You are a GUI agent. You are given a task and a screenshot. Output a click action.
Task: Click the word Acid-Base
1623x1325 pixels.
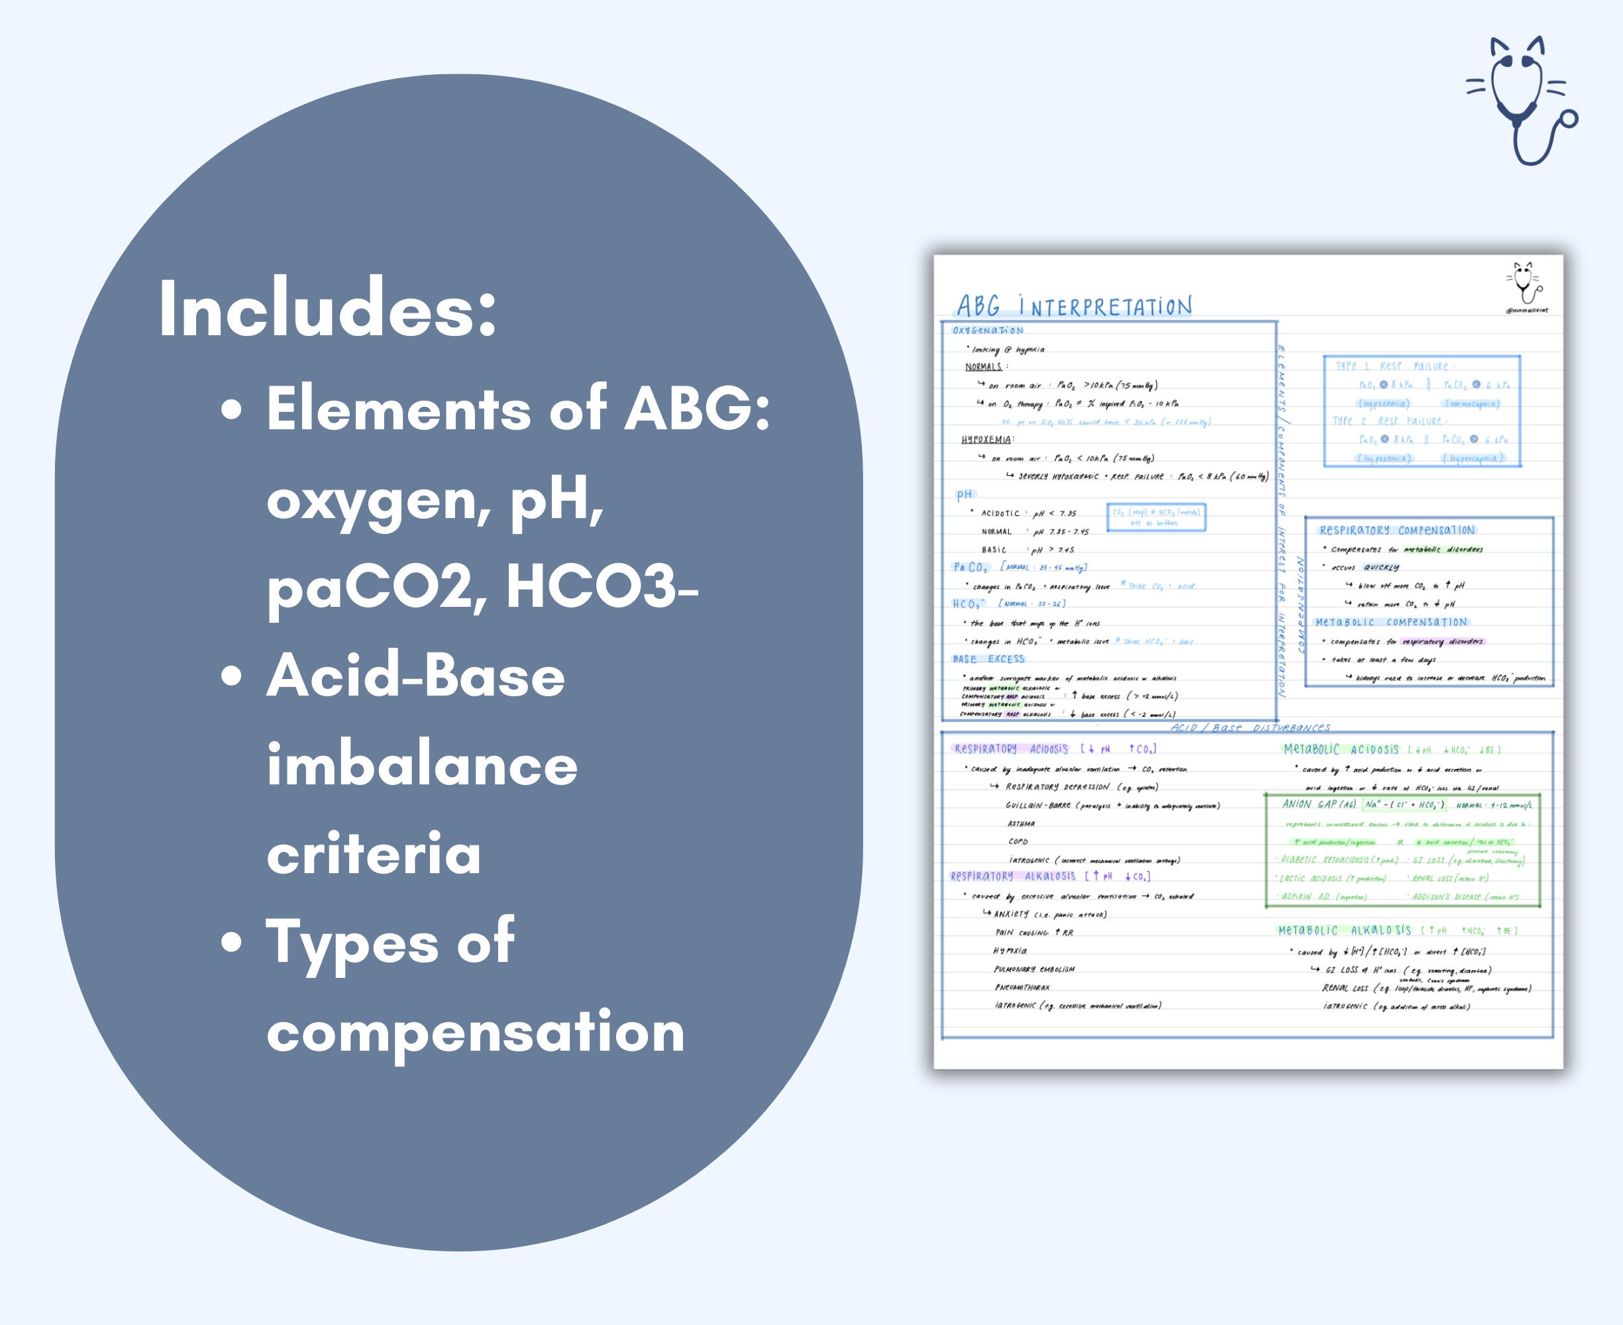(x=415, y=676)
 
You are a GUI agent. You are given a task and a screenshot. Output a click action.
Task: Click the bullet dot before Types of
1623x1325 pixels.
(x=231, y=943)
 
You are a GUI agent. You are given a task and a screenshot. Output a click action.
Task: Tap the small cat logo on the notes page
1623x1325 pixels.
(x=1524, y=282)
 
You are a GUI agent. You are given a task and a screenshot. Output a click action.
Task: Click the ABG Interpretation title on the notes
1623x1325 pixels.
(x=1074, y=307)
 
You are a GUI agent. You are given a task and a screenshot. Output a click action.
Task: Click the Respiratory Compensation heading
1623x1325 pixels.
(x=1397, y=530)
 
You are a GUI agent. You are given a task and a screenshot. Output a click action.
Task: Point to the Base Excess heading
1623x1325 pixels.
(x=988, y=659)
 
